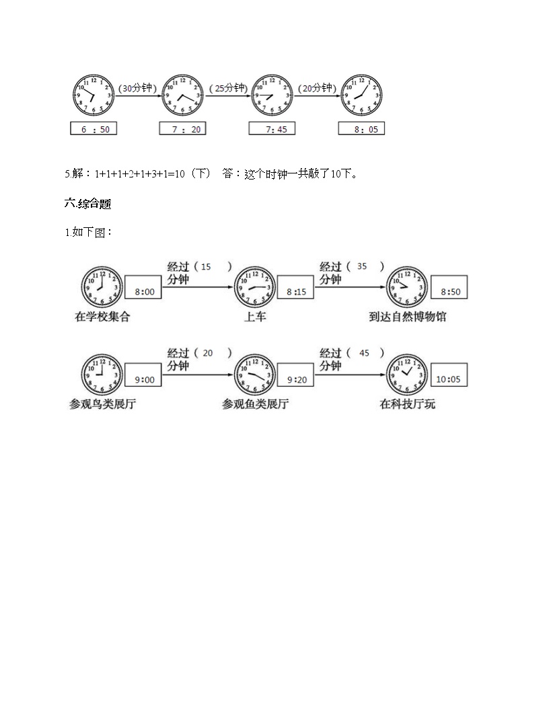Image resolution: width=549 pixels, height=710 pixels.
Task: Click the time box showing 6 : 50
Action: (94, 128)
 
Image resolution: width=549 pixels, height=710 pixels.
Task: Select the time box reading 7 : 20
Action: (182, 128)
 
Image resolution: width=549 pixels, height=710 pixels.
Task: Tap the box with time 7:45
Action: (272, 128)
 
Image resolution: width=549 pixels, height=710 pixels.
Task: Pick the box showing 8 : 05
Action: (361, 128)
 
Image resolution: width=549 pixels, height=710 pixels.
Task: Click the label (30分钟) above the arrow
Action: (137, 88)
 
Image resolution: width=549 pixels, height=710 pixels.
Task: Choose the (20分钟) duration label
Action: (316, 88)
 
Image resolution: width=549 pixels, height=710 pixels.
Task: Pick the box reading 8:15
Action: (296, 292)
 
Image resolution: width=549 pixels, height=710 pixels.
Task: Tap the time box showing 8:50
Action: (449, 292)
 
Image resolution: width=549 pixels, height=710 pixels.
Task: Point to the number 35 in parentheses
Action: (362, 266)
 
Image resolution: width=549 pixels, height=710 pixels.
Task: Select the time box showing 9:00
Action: (144, 379)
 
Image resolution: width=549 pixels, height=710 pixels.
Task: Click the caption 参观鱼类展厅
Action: (256, 404)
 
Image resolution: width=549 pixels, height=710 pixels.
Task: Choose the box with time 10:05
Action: (449, 379)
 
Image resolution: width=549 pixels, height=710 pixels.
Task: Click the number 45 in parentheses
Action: (364, 353)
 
